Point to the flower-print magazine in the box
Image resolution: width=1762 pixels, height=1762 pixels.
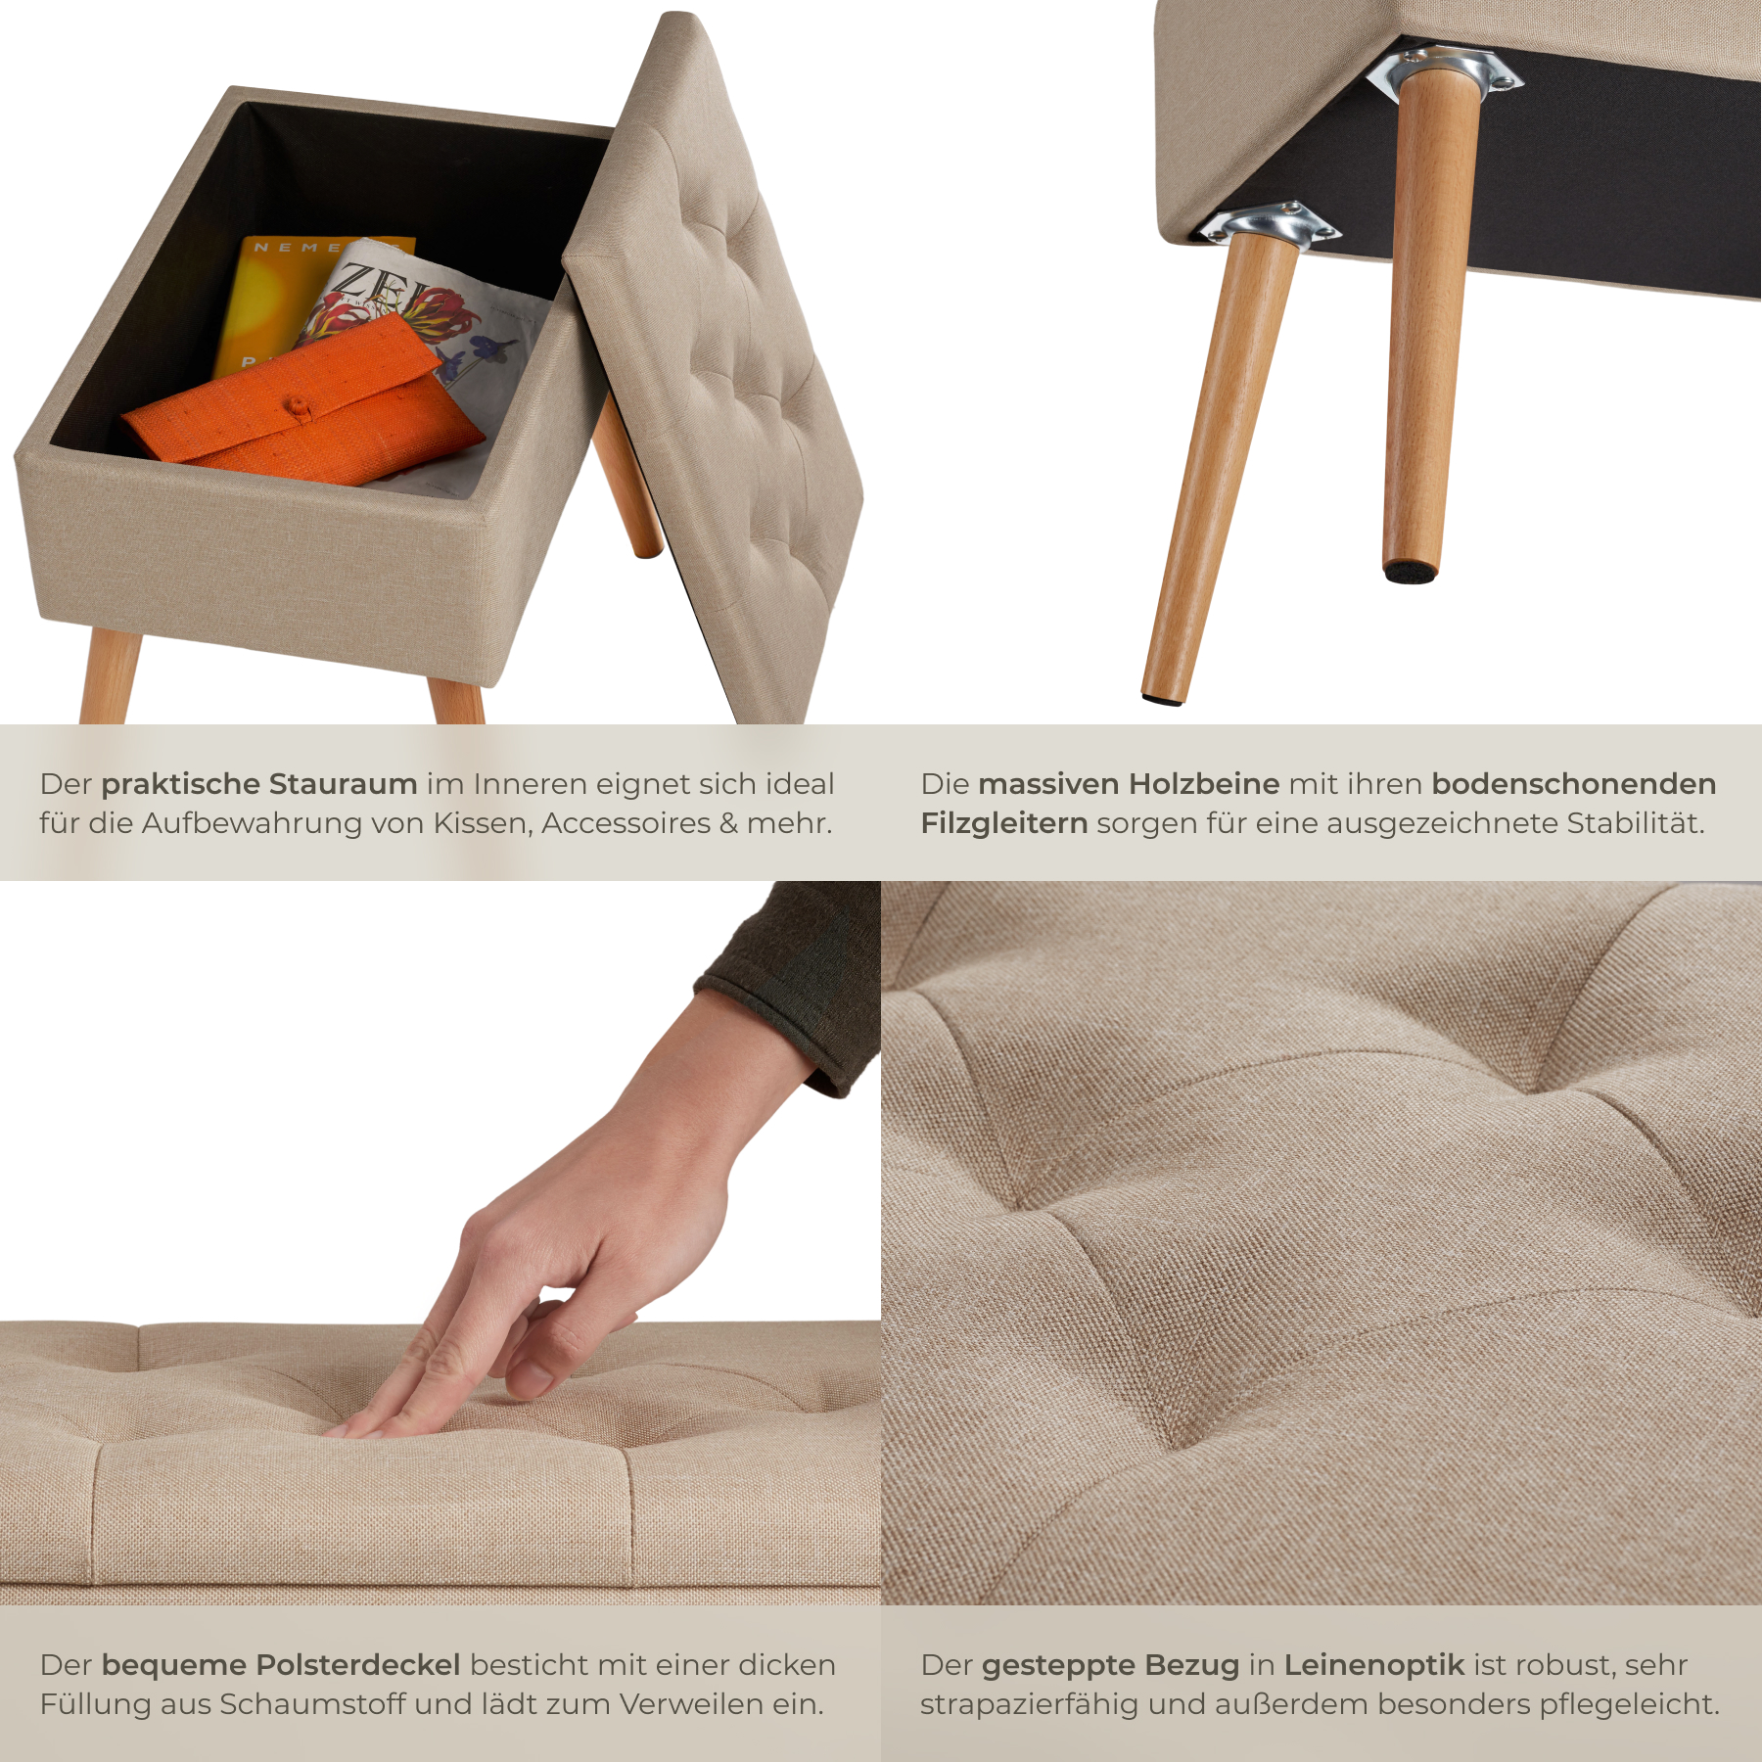(431, 333)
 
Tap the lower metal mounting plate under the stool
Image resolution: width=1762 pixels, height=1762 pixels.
(1269, 221)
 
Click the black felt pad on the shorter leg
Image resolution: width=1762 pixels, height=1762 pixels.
(1411, 569)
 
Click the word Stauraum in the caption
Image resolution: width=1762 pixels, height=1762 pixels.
(343, 783)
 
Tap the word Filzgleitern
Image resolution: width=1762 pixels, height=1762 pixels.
(1004, 823)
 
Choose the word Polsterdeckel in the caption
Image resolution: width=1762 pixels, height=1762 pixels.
(358, 1665)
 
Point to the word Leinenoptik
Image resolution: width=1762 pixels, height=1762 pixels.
(1374, 1665)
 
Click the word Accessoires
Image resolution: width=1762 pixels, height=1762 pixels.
(626, 823)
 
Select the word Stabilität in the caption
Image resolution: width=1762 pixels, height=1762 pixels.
(1636, 823)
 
